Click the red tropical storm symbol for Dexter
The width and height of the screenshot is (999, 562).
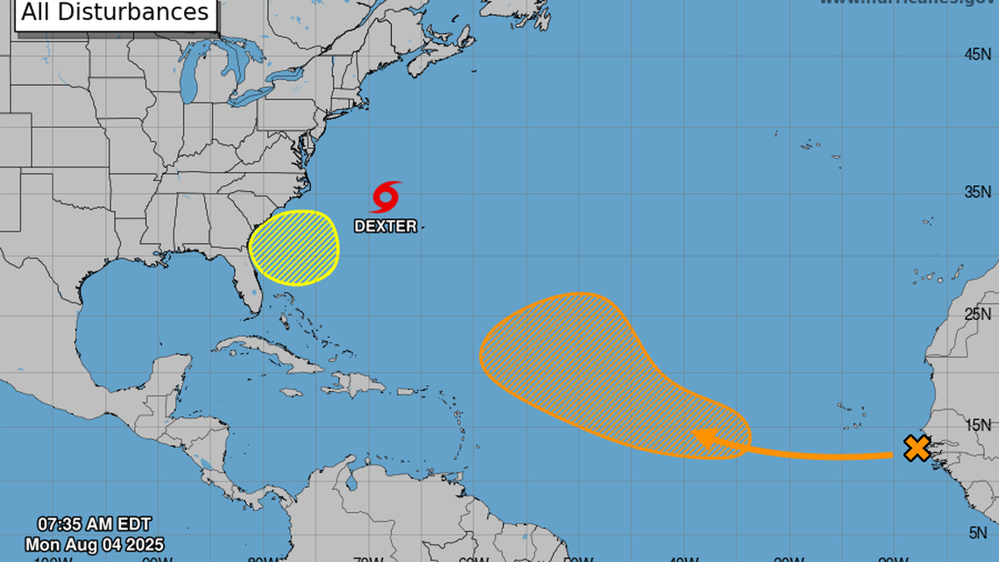pos(386,197)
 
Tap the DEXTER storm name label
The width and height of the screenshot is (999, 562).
pos(386,226)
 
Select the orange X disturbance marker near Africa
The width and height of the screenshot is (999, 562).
pos(917,449)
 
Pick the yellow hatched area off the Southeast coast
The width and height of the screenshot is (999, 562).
pos(294,248)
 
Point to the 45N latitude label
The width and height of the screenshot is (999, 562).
pos(977,54)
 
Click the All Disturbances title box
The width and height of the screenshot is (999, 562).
pos(116,13)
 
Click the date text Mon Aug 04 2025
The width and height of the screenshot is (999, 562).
pos(94,544)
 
